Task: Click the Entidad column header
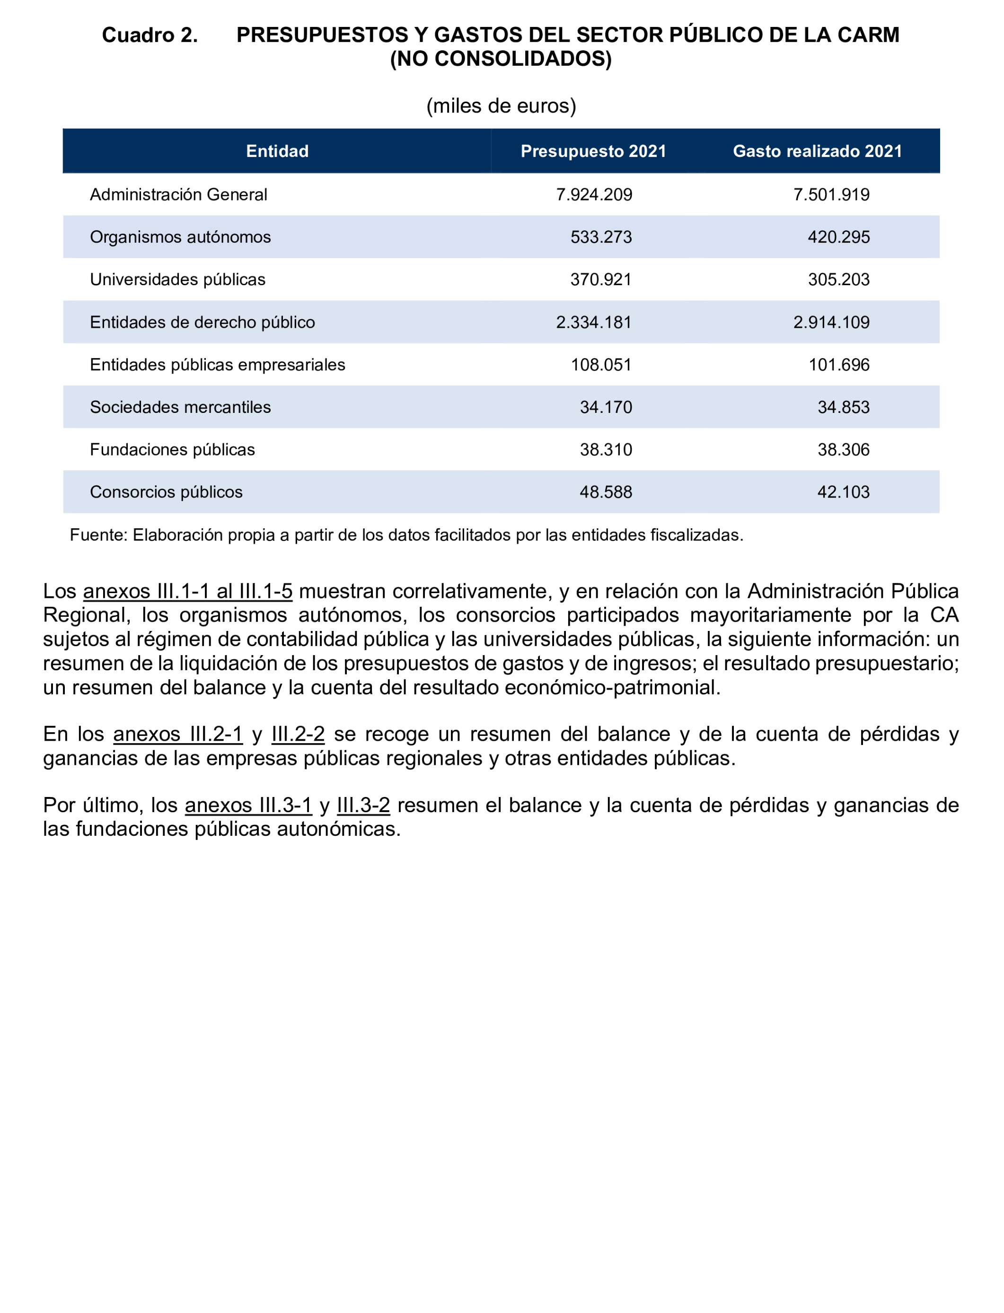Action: pyautogui.click(x=277, y=151)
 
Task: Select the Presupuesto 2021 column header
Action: pyautogui.click(x=593, y=151)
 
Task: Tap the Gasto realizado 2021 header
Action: pyautogui.click(x=818, y=151)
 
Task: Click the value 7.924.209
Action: pyautogui.click(x=594, y=195)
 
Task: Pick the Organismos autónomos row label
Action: pyautogui.click(x=180, y=237)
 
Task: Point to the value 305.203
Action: pyautogui.click(x=838, y=280)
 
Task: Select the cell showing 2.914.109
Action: pyautogui.click(x=831, y=323)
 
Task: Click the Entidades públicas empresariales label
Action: pyautogui.click(x=218, y=365)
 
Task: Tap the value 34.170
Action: pyautogui.click(x=606, y=407)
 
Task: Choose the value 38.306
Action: pyautogui.click(x=843, y=450)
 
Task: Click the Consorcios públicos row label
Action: pyautogui.click(x=166, y=492)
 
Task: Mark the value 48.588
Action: pyautogui.click(x=606, y=492)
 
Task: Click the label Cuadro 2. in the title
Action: pyautogui.click(x=150, y=35)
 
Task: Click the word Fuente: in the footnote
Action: pyautogui.click(x=98, y=535)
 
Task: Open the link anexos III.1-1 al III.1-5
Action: pyautogui.click(x=188, y=591)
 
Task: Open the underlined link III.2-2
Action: pyautogui.click(x=298, y=734)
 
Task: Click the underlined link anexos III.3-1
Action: pyautogui.click(x=248, y=805)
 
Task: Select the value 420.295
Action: pyautogui.click(x=838, y=237)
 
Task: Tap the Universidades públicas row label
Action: pyautogui.click(x=177, y=280)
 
